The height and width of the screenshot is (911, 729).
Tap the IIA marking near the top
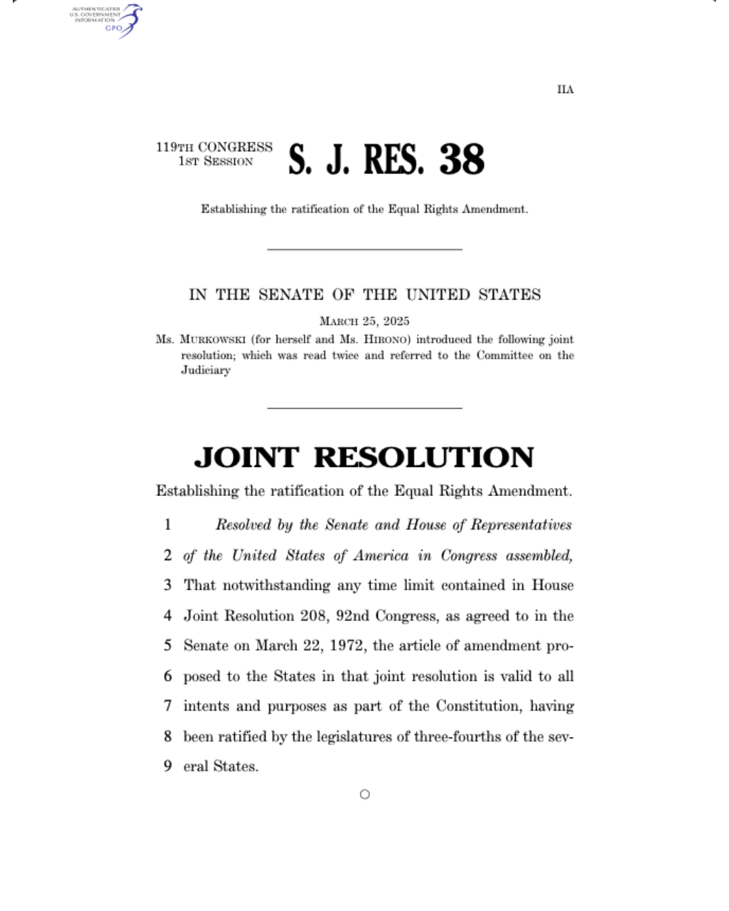(565, 90)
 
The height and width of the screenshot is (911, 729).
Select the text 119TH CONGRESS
(214, 147)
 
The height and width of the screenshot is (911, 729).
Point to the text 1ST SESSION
(215, 162)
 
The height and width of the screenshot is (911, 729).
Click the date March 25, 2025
(364, 321)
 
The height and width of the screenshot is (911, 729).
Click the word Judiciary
(205, 370)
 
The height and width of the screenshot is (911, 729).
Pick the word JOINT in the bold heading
(246, 458)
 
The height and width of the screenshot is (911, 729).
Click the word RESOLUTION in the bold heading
(424, 458)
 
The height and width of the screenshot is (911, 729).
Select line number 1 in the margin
(167, 525)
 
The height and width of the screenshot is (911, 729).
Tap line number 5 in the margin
(167, 646)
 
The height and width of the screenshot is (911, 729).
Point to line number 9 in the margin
(167, 767)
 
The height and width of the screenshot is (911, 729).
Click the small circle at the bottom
(364, 795)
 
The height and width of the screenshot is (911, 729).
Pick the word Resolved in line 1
(243, 525)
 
